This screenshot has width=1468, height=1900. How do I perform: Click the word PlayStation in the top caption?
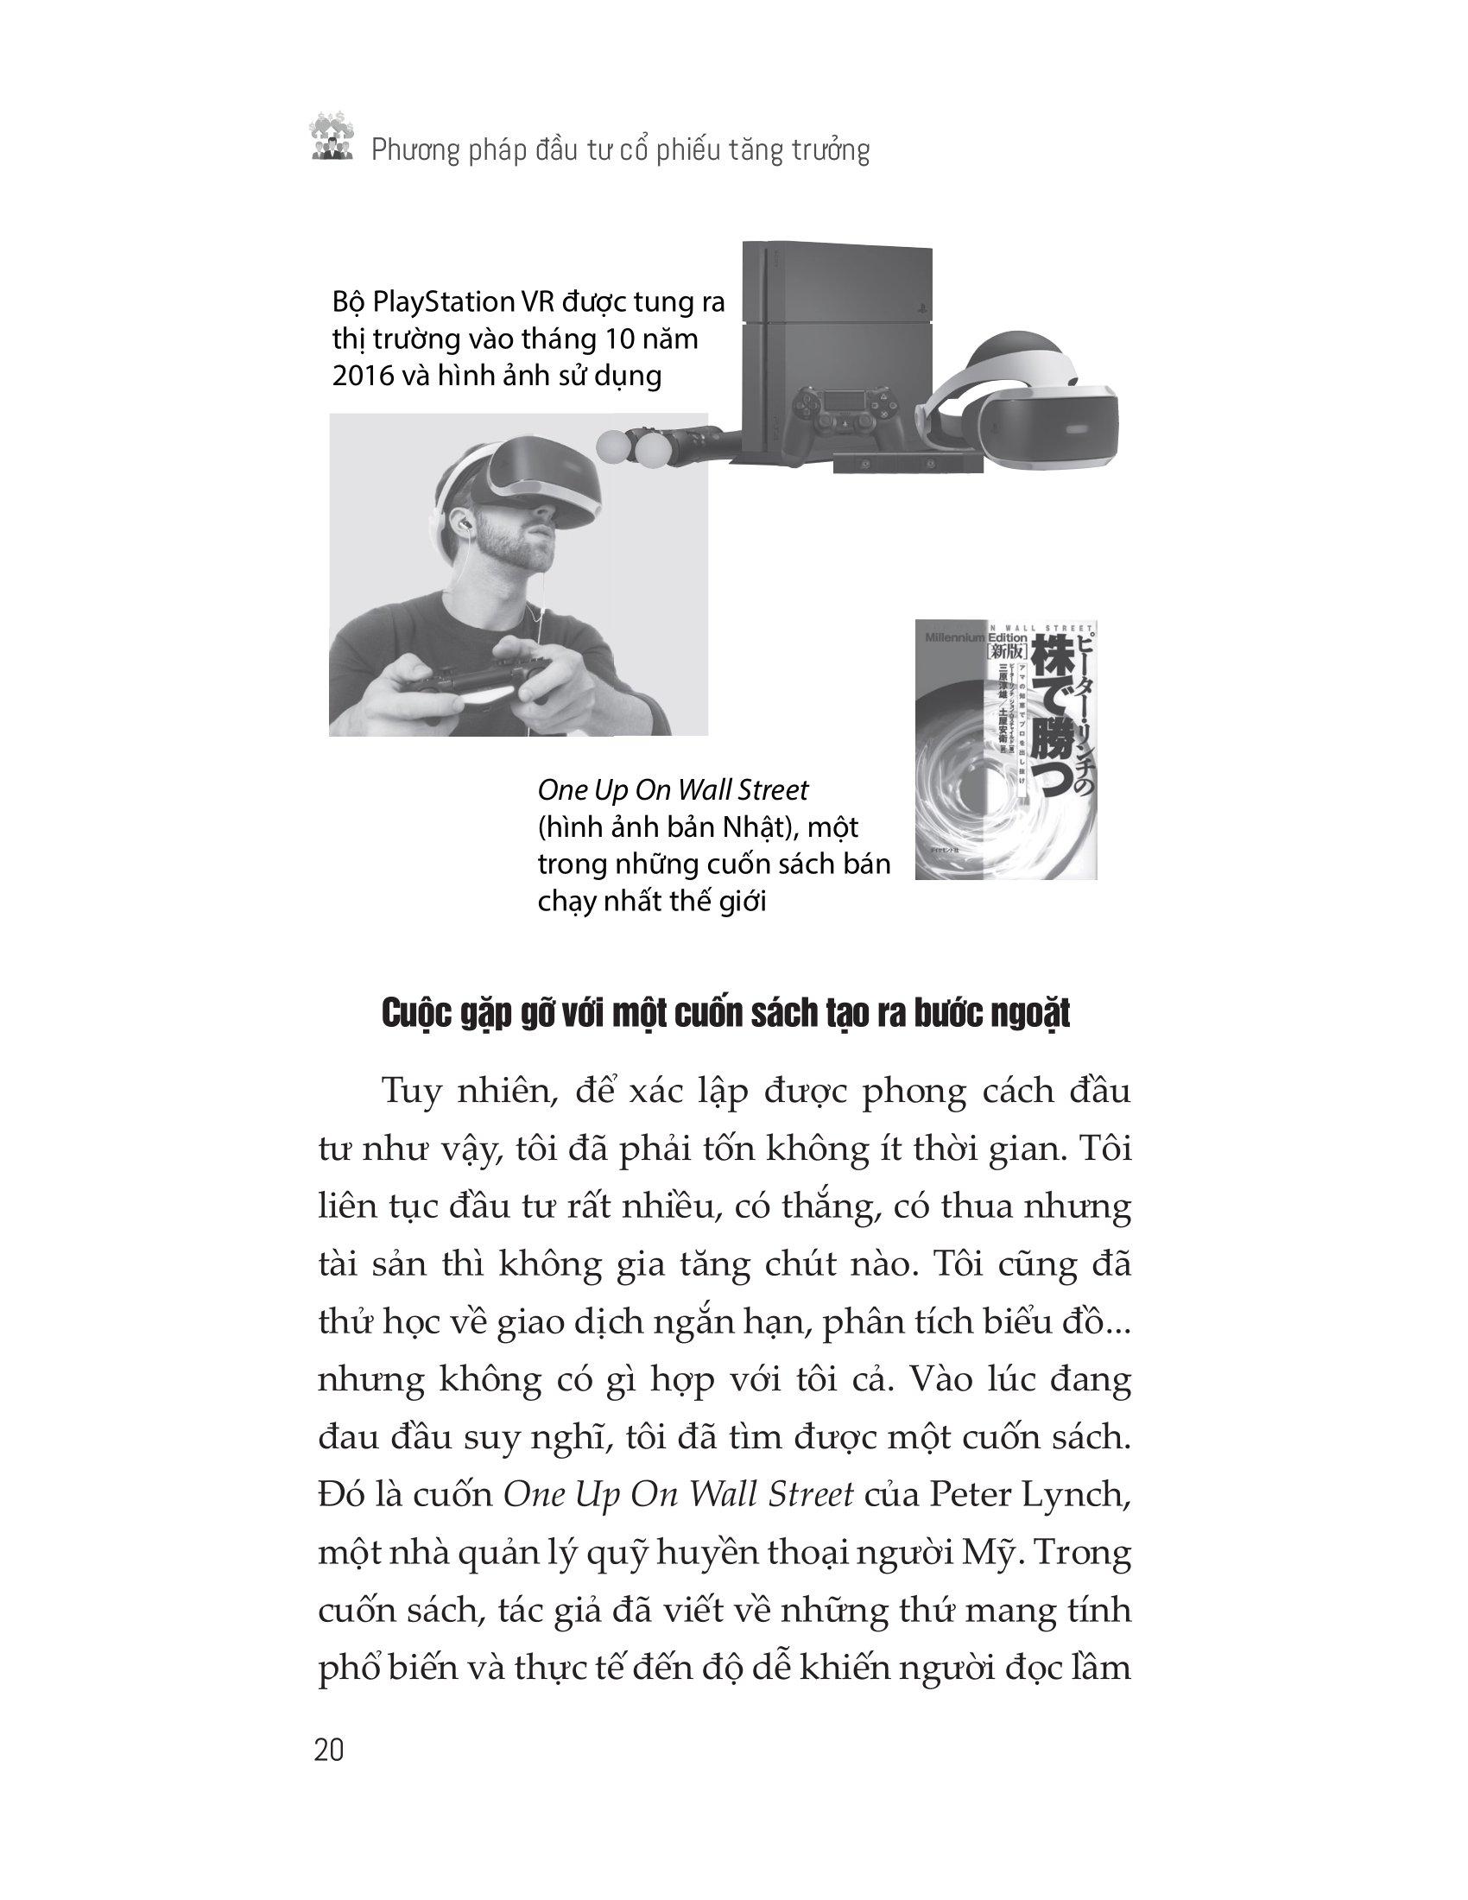click(x=443, y=303)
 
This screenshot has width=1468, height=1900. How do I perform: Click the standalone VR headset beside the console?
click(x=1026, y=409)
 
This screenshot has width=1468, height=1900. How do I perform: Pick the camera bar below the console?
click(x=908, y=465)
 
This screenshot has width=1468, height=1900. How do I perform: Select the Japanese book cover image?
click(x=1005, y=749)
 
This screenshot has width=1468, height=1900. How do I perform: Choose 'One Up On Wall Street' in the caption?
click(x=672, y=790)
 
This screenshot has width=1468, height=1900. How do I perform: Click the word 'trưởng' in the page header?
click(x=831, y=151)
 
